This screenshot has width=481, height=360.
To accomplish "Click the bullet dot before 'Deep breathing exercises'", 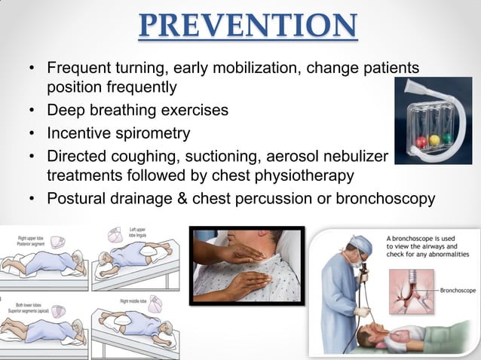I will click(32, 111).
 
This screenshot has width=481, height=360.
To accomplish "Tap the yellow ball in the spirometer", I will click(437, 139).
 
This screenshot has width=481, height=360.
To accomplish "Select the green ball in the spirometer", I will click(448, 138).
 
